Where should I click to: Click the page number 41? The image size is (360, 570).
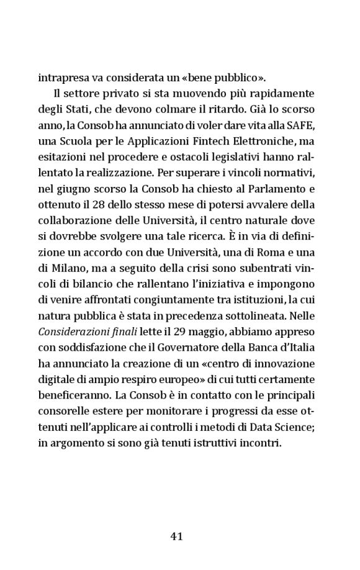(176, 536)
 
